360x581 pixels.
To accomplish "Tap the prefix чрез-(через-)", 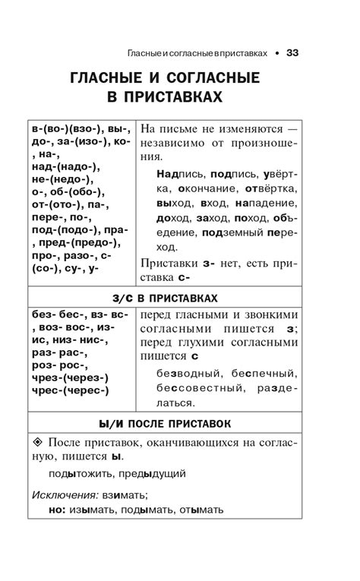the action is tap(70, 377).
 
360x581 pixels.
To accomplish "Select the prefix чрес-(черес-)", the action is tap(70, 392).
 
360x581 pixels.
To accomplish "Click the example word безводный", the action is tap(180, 374).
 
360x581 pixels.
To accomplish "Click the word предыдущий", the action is tap(156, 474).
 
